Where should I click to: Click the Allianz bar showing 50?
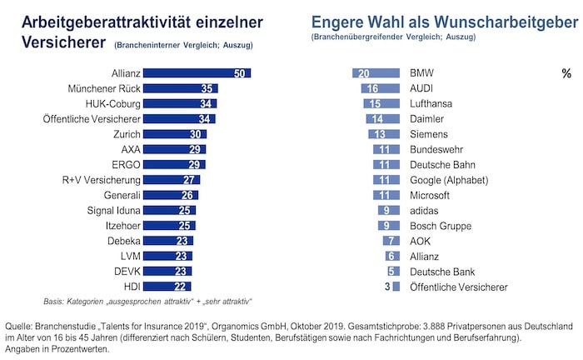point(200,73)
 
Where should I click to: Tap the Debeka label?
point(124,241)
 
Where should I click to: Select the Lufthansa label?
point(432,103)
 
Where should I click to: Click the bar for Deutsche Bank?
point(393,271)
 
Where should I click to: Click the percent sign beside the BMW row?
point(566,74)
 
